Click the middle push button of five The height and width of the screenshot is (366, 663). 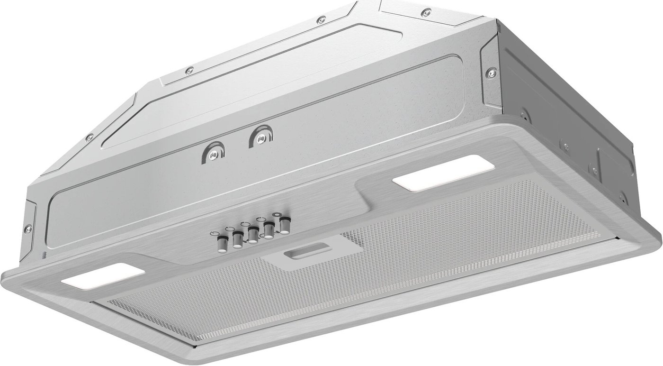click(x=253, y=235)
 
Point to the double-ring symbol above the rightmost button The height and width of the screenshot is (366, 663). click(x=285, y=214)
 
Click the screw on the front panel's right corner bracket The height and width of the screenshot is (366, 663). click(x=490, y=73)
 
